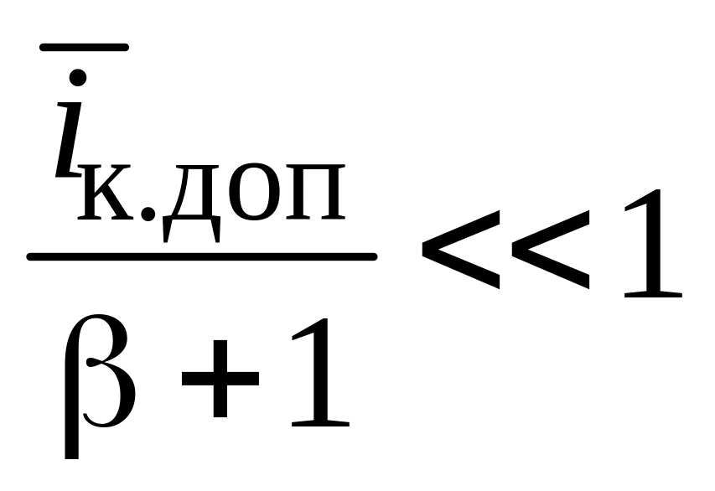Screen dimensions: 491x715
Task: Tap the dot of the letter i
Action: (x=77, y=78)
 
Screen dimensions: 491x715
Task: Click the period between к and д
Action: (x=150, y=213)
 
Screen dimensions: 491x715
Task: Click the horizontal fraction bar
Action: (x=201, y=256)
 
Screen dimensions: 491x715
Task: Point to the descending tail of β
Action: (x=71, y=440)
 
